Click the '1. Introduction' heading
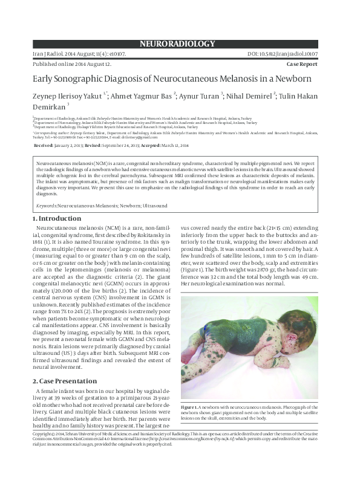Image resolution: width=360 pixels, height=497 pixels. [x=56, y=218]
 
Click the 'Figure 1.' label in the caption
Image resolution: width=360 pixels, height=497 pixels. [x=190, y=409]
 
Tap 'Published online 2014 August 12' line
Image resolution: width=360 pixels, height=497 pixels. [x=71, y=63]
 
